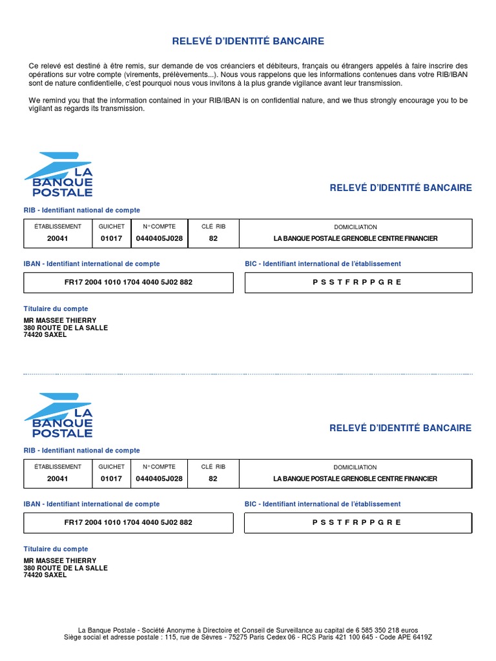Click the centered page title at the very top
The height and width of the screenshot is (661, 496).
[248, 41]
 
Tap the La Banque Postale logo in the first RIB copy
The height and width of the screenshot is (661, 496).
[59, 174]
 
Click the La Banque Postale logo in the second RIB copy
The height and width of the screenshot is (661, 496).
[59, 415]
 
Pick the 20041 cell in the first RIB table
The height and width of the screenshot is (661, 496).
[57, 238]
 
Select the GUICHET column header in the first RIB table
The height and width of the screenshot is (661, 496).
[112, 227]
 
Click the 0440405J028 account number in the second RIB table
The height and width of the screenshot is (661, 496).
[159, 478]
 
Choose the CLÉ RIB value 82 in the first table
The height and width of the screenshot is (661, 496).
[213, 238]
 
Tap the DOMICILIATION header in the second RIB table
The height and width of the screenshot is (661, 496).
[355, 467]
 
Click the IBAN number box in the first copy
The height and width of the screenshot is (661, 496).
[129, 282]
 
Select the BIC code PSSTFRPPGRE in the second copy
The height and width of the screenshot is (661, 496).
[357, 522]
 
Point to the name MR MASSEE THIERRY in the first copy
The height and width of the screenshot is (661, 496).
[60, 320]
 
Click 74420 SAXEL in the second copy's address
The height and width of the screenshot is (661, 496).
[45, 575]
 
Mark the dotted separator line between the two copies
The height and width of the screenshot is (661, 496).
[248, 374]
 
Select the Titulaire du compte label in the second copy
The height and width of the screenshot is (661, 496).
[56, 549]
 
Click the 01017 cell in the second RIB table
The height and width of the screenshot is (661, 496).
[112, 478]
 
